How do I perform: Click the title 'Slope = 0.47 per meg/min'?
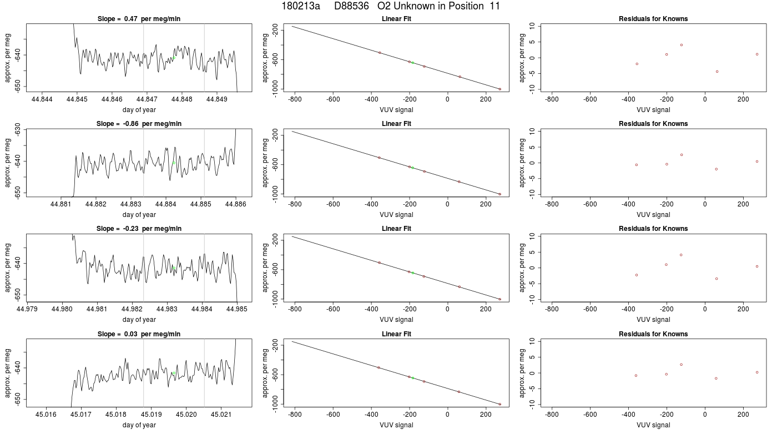pyautogui.click(x=139, y=19)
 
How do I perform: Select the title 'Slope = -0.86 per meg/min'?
pyautogui.click(x=139, y=123)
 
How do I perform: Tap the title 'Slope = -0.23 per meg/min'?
pyautogui.click(x=139, y=229)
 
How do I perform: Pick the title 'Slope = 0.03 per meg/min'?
pyautogui.click(x=139, y=334)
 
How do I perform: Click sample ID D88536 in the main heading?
pyautogui.click(x=351, y=6)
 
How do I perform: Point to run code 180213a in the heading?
pyautogui.click(x=301, y=6)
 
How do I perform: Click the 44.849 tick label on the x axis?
pyautogui.click(x=217, y=99)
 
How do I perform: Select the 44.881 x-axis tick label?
pyautogui.click(x=60, y=204)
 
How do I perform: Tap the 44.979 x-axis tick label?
pyautogui.click(x=27, y=309)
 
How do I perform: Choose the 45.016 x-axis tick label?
pyautogui.click(x=46, y=414)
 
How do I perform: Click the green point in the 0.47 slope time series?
pyautogui.click(x=174, y=58)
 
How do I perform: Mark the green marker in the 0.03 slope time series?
pyautogui.click(x=174, y=373)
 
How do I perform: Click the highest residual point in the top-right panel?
pyautogui.click(x=682, y=45)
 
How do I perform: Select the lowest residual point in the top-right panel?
pyautogui.click(x=717, y=72)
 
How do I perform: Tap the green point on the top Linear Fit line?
pyautogui.click(x=413, y=63)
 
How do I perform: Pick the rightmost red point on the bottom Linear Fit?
pyautogui.click(x=500, y=404)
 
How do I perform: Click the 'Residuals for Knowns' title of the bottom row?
pyautogui.click(x=653, y=334)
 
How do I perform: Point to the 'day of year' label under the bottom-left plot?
pyautogui.click(x=139, y=425)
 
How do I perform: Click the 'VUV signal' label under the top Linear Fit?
pyautogui.click(x=396, y=110)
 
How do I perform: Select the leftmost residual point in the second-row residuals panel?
pyautogui.click(x=637, y=165)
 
